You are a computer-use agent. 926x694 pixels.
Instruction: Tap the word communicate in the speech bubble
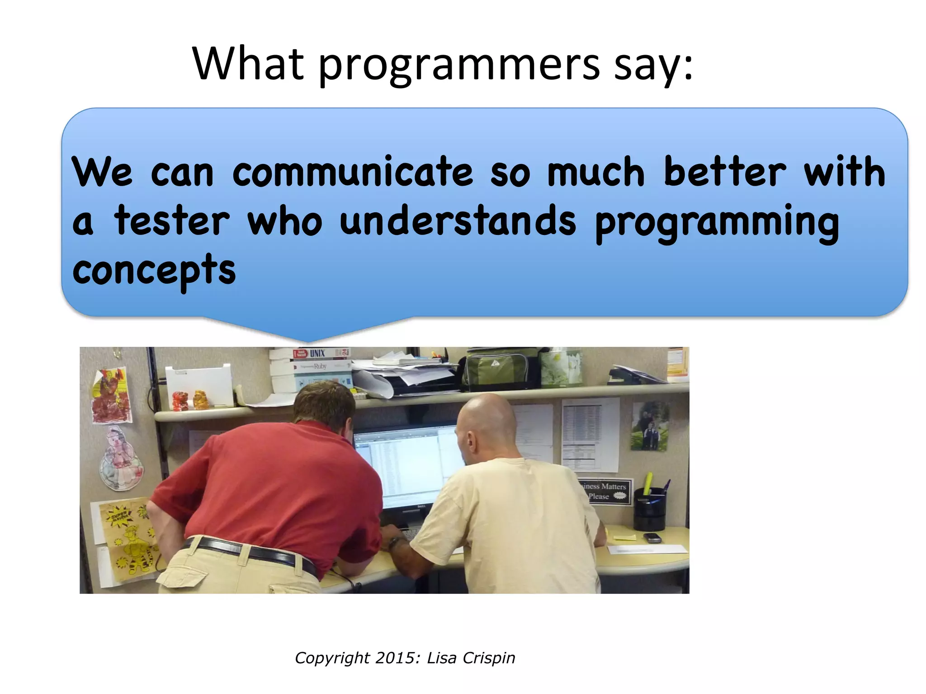tap(353, 173)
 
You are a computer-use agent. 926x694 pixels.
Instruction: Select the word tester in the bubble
tap(172, 221)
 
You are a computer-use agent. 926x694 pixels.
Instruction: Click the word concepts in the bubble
tap(154, 270)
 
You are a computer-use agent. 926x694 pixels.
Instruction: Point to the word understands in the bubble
tap(458, 221)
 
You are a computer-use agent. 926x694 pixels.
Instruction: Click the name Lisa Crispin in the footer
tap(471, 658)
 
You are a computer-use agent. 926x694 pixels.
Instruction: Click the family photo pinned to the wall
tap(650, 427)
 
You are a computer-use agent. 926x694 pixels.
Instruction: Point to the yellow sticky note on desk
tap(624, 537)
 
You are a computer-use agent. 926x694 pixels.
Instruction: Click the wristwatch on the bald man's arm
tap(395, 542)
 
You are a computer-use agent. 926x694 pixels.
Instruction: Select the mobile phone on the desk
tap(652, 537)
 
